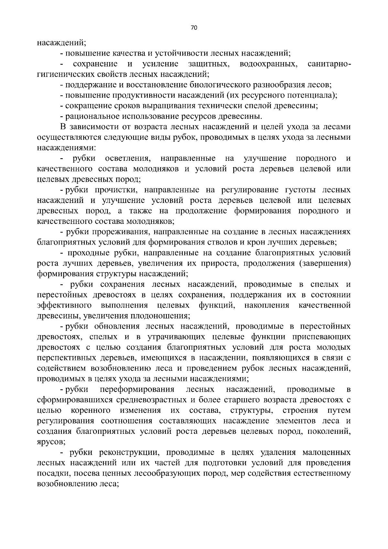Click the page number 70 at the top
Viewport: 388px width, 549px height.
pyautogui.click(x=194, y=28)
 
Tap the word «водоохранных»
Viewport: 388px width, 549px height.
pyautogui.click(x=268, y=64)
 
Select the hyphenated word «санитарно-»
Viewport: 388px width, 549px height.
pyautogui.click(x=329, y=64)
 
